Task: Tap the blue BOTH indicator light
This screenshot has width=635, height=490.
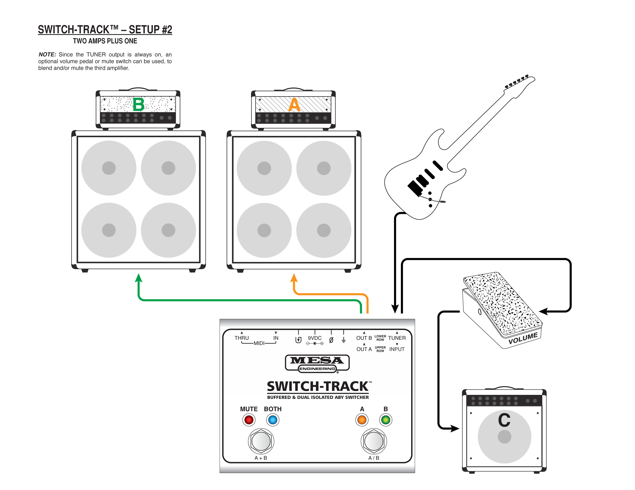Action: coord(273,420)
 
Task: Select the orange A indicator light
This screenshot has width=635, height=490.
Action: coord(362,420)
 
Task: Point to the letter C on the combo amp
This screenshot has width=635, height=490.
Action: coord(504,420)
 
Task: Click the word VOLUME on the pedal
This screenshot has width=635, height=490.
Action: coord(523,338)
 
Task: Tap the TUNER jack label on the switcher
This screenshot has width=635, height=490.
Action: coord(397,338)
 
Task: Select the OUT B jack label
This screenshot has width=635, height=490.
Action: coord(364,338)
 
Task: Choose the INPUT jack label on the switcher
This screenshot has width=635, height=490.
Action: coord(397,349)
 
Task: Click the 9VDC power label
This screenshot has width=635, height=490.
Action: coord(315,338)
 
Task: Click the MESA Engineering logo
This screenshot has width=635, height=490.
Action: coord(317,363)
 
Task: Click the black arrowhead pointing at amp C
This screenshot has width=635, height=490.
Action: coord(454,428)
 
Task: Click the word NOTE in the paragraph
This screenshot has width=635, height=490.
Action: coord(47,55)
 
